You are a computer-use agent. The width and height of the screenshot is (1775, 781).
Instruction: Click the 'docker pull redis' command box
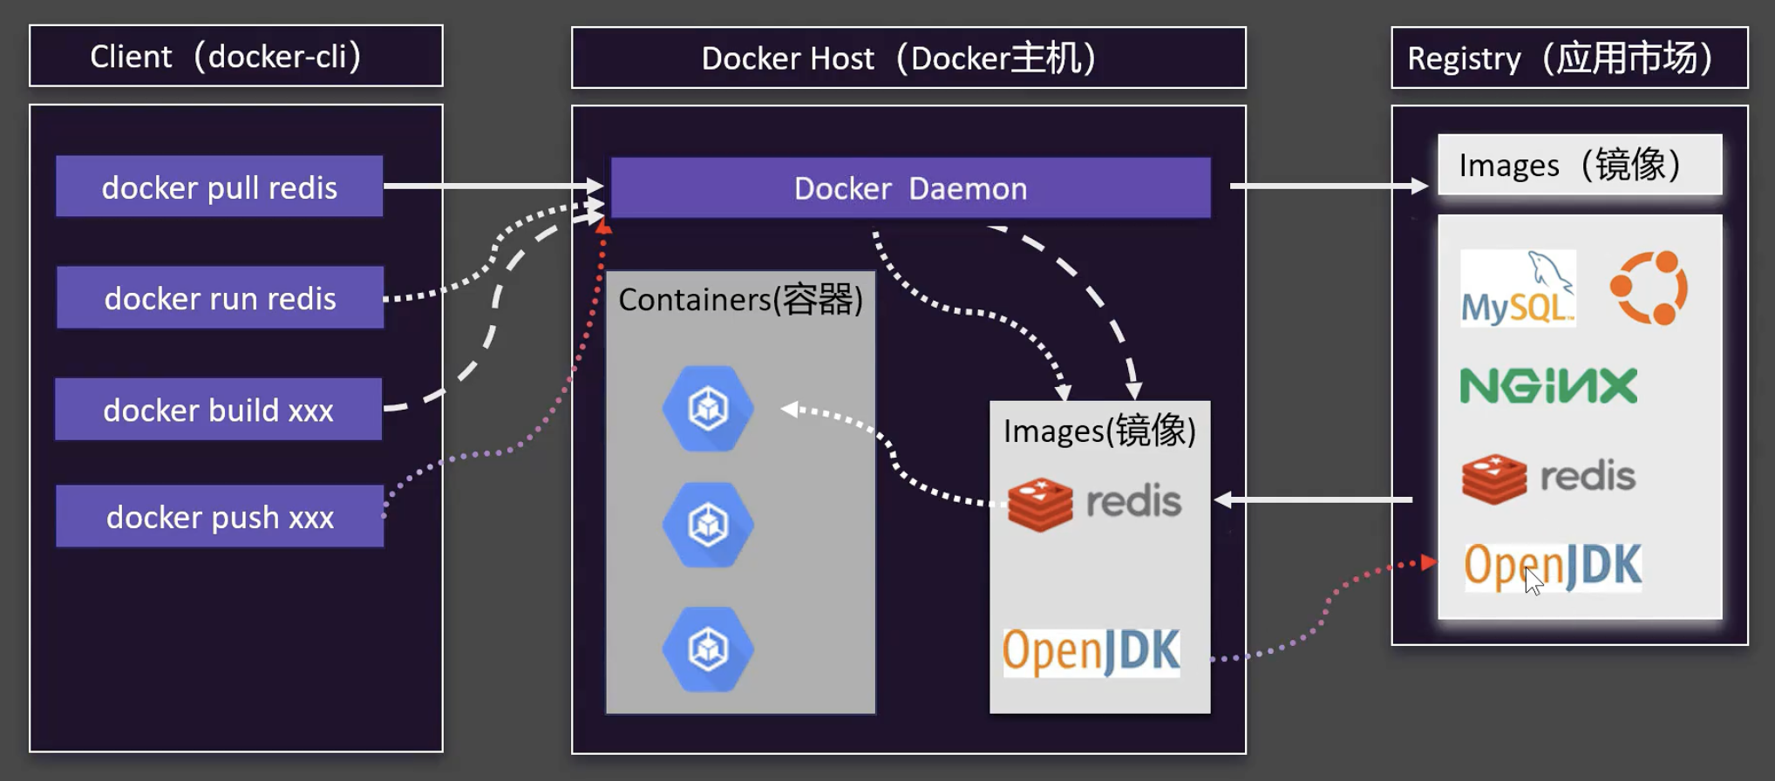(219, 187)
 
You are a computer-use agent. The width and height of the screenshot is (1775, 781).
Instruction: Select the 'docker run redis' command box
(220, 298)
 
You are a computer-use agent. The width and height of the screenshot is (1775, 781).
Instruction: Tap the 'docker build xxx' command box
(218, 410)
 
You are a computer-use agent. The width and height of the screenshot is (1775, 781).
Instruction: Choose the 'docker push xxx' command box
(220, 517)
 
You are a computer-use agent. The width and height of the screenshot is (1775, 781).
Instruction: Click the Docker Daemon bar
(910, 188)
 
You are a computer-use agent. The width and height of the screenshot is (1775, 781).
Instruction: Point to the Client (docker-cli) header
(235, 57)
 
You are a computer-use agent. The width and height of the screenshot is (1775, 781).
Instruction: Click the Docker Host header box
(908, 58)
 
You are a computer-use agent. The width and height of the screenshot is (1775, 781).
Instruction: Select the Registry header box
(1569, 58)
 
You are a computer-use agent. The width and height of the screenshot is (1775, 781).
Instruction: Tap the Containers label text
(740, 300)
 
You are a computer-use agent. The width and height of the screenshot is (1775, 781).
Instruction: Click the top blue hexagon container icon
(708, 408)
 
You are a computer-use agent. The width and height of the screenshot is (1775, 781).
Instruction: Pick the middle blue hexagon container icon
(708, 525)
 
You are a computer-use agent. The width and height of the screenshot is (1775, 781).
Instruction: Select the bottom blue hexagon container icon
(708, 649)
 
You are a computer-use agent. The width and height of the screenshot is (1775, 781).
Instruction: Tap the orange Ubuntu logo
(1649, 288)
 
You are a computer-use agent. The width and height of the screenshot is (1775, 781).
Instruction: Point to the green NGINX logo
(1548, 386)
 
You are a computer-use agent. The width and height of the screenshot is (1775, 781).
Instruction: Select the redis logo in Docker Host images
(1094, 503)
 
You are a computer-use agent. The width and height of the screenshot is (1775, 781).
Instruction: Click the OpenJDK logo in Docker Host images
(1091, 652)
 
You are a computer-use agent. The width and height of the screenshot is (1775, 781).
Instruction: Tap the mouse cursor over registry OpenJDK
(1534, 580)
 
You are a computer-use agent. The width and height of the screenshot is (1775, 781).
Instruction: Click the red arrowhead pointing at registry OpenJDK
(1428, 562)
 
